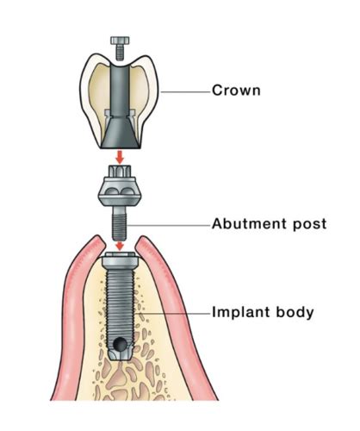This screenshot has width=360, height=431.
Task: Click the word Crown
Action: pyautogui.click(x=236, y=91)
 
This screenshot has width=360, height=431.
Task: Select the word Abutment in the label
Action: pyautogui.click(x=249, y=224)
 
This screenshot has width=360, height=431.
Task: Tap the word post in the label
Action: pyautogui.click(x=309, y=225)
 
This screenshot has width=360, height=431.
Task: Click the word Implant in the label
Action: pyautogui.click(x=241, y=312)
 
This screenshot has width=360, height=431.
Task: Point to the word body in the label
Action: pyautogui.click(x=295, y=312)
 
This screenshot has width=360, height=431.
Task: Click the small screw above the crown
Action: pyautogui.click(x=120, y=48)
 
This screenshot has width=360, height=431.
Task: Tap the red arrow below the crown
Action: pyautogui.click(x=120, y=157)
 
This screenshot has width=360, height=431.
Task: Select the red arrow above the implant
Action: pyautogui.click(x=120, y=246)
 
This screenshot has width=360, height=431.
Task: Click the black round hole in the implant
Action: pyautogui.click(x=119, y=344)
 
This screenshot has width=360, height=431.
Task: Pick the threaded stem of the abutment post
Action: pyautogui.click(x=120, y=224)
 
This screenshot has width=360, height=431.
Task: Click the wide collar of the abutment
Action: pyautogui.click(x=120, y=191)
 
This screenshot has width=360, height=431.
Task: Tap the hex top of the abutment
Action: pyautogui.click(x=120, y=172)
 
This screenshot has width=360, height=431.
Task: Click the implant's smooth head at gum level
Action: pyautogui.click(x=121, y=260)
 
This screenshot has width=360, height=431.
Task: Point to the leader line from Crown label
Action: pyautogui.click(x=185, y=92)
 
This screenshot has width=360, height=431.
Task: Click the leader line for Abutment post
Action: pyautogui.click(x=168, y=226)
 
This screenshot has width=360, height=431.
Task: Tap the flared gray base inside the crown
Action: pyautogui.click(x=121, y=132)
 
